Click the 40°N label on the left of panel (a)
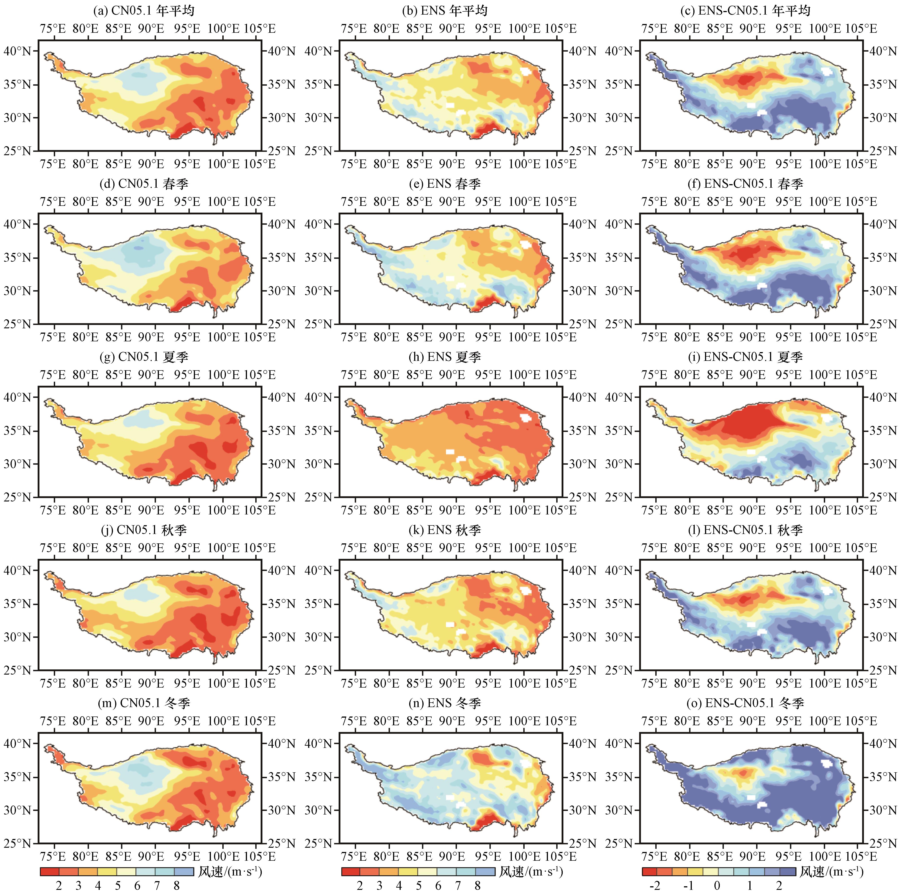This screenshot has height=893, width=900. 18,51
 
